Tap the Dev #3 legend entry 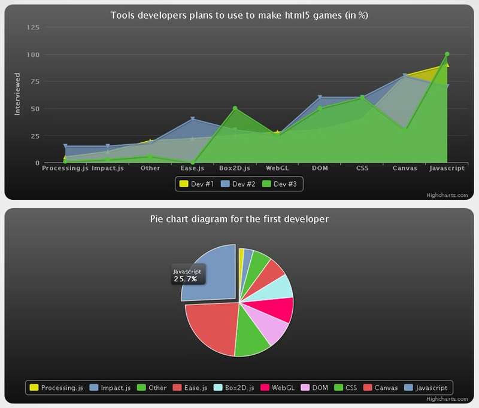280,184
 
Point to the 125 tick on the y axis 34,28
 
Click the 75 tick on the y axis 35,82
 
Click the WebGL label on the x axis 278,168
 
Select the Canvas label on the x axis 405,168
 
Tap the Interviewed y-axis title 17,94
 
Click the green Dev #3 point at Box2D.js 235,108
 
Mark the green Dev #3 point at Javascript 447,54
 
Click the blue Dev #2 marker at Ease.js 193,119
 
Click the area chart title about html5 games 239,16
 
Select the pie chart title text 239,219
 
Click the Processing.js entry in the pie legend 56,388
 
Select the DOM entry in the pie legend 314,388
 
